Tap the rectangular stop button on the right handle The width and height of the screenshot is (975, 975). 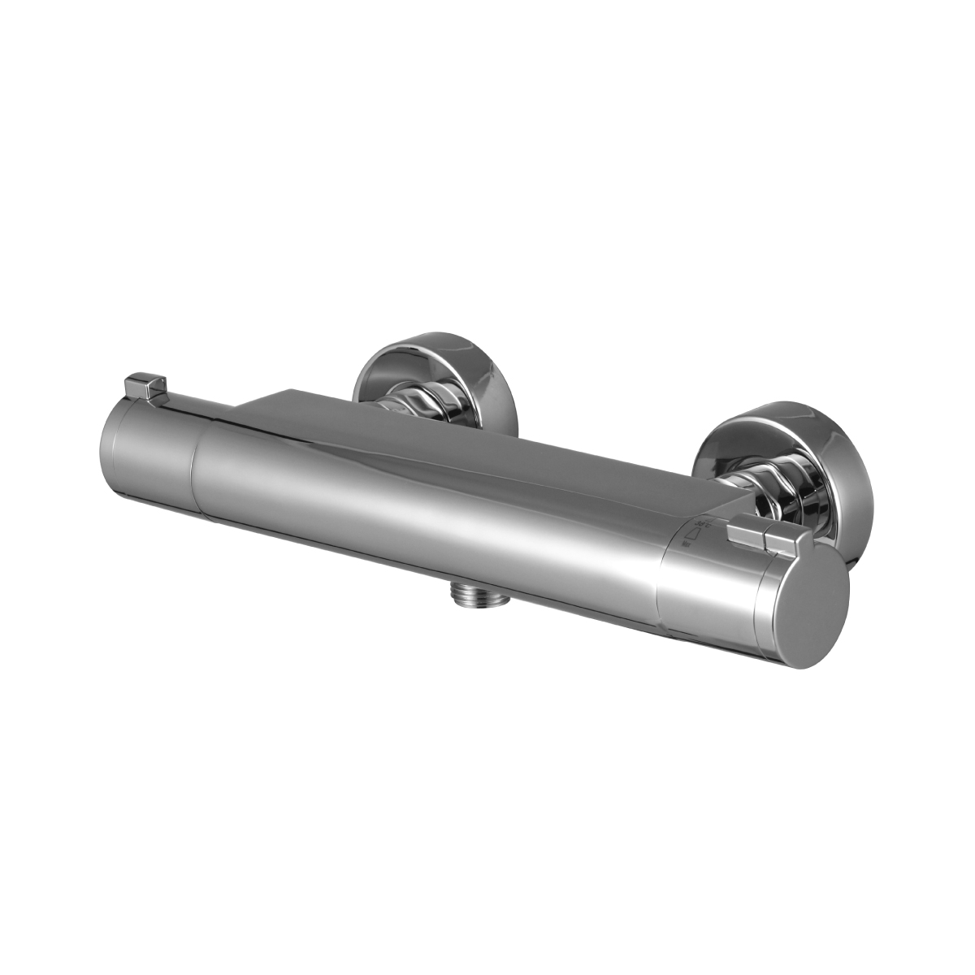coord(745,535)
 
